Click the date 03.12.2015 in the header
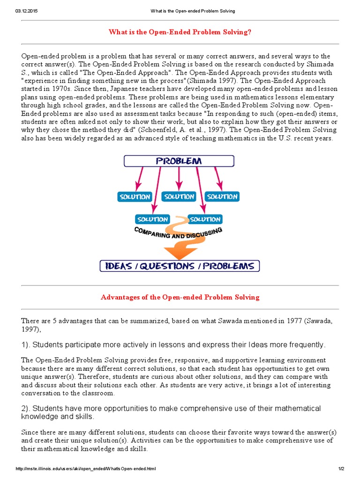pyautogui.click(x=26, y=11)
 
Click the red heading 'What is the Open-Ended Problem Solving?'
pyautogui.click(x=180, y=32)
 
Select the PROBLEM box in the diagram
pyautogui.click(x=180, y=161)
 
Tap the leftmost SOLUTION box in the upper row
pyautogui.click(x=135, y=196)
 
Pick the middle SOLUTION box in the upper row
pyautogui.click(x=179, y=196)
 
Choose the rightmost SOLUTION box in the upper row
pyautogui.click(x=222, y=196)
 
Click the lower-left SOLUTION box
pyautogui.click(x=152, y=219)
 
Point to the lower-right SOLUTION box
pyautogui.click(x=205, y=219)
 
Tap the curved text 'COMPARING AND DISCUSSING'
pyautogui.click(x=178, y=233)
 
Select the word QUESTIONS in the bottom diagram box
pyautogui.click(x=180, y=266)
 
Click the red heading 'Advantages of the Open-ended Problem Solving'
pyautogui.click(x=180, y=297)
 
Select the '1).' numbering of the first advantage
pyautogui.click(x=26, y=345)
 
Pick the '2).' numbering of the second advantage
pyautogui.click(x=26, y=408)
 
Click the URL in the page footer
pyautogui.click(x=85, y=469)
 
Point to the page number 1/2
pyautogui.click(x=340, y=469)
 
